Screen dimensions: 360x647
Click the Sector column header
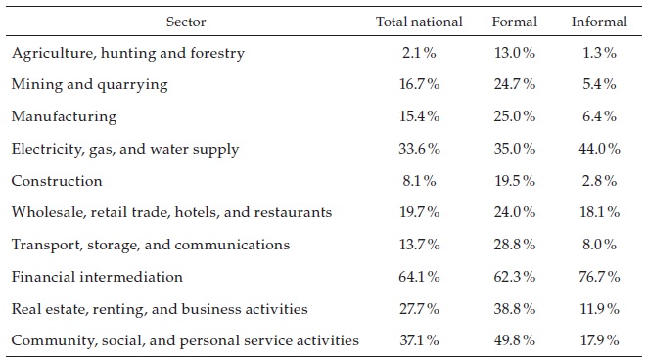[186, 21]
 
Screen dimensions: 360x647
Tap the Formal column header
[514, 21]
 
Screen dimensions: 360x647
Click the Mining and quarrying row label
[89, 85]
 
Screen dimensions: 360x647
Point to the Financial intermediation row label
[97, 277]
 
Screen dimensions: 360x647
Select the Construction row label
[57, 181]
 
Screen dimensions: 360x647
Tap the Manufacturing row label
[64, 116]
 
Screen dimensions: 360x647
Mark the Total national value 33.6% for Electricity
[422, 149]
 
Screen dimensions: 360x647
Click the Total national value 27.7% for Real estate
[422, 308]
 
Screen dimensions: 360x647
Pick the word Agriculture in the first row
[48, 53]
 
